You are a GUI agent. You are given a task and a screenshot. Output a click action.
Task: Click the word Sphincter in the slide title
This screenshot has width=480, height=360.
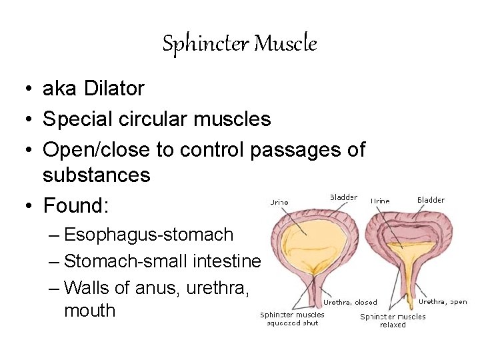pos(205,44)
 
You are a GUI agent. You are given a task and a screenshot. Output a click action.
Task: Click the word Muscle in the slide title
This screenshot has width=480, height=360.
pos(286,44)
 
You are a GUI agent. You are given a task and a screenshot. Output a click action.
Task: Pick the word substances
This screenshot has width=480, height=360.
pos(97,175)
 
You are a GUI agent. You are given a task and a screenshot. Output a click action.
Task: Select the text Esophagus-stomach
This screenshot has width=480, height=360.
pos(149,235)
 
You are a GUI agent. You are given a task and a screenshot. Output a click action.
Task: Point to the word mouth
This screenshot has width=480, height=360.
pos(89,311)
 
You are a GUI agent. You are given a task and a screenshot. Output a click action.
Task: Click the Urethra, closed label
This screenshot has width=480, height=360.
pos(350,302)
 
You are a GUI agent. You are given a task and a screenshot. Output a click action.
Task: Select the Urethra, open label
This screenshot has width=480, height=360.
pos(443,301)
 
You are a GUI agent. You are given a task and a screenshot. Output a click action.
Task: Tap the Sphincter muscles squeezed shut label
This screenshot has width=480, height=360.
pos(292,319)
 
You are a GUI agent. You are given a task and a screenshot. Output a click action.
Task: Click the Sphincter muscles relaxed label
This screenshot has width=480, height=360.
pos(393,321)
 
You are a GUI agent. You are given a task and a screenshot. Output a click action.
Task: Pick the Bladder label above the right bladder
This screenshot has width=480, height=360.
pos(431,200)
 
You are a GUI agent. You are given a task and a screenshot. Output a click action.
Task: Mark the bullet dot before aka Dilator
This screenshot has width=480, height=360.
pos(24,89)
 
